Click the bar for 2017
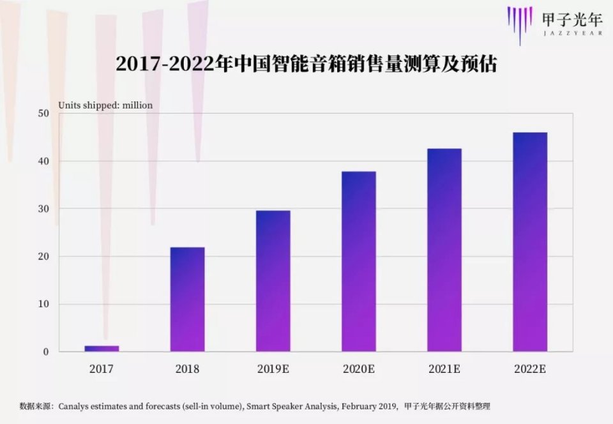(x=102, y=348)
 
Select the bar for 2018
(x=187, y=299)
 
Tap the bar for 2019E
(x=273, y=281)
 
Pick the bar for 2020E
(x=358, y=262)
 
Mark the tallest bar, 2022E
(x=529, y=242)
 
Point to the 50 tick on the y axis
(x=43, y=114)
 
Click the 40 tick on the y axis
(x=43, y=161)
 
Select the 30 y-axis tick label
(x=43, y=209)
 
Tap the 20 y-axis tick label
(x=43, y=257)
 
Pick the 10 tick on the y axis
(x=43, y=304)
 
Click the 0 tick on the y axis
(x=46, y=352)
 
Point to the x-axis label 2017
(x=102, y=369)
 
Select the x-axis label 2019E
(x=273, y=369)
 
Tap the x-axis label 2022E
(x=529, y=369)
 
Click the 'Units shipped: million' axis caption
(x=105, y=105)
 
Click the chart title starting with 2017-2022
(x=306, y=65)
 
